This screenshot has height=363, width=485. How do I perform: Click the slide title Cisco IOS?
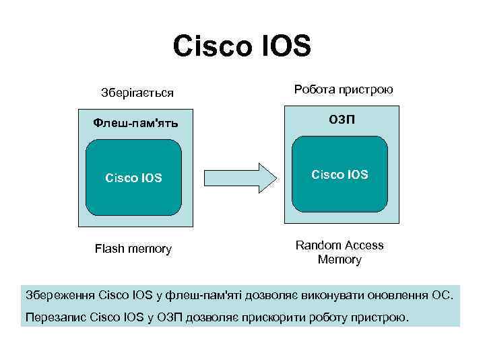(242, 46)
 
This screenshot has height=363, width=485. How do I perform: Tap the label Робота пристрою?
(344, 89)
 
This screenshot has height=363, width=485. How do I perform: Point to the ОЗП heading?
(340, 120)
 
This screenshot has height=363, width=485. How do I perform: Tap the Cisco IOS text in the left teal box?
(133, 178)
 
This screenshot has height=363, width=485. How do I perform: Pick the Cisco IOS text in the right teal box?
(340, 175)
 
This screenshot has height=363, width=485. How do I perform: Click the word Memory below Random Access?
(340, 259)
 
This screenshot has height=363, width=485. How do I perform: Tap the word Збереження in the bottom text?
(60, 294)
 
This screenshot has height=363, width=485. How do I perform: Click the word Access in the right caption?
(362, 245)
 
